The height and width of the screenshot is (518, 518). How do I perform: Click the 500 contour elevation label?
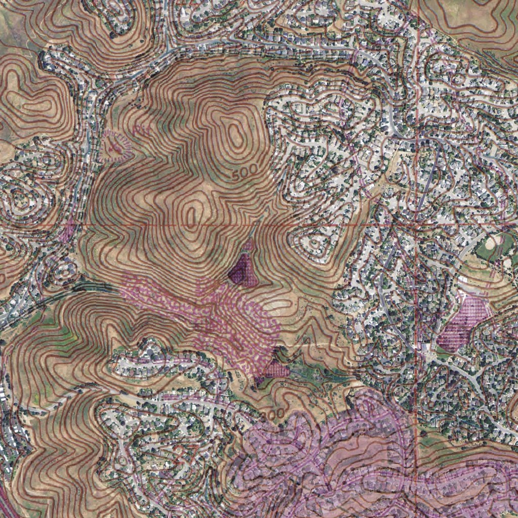click(x=247, y=172)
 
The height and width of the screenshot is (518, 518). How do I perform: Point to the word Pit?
click(x=143, y=130)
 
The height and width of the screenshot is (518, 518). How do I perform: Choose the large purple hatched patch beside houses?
click(x=463, y=324)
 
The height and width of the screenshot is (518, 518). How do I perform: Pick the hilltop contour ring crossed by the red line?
click(x=191, y=215)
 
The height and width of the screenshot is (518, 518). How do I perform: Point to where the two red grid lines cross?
click(x=416, y=223)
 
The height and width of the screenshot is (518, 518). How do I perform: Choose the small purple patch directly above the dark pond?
click(x=248, y=246)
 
